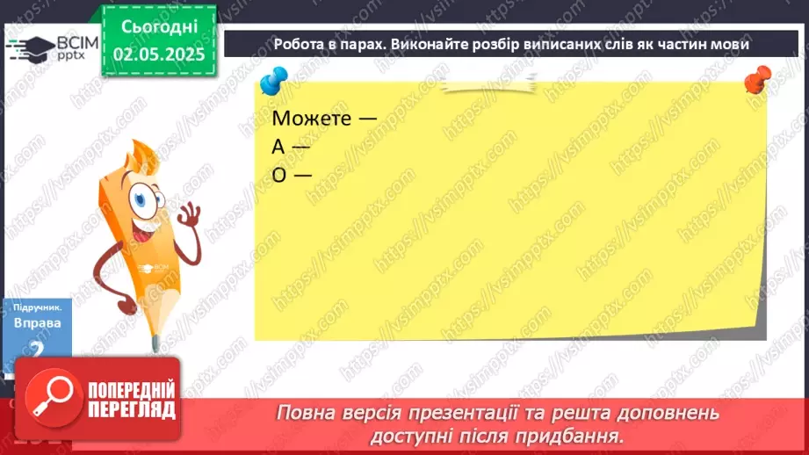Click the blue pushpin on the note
pos(271,83)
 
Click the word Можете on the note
pos(309,118)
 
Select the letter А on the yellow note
pos(279,146)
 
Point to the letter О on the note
pos(280,174)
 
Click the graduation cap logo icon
pos(31,49)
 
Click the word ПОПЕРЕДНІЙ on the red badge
pos(130,391)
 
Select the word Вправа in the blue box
pos(38,323)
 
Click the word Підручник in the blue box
pos(38,308)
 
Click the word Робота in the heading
pos(300,44)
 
